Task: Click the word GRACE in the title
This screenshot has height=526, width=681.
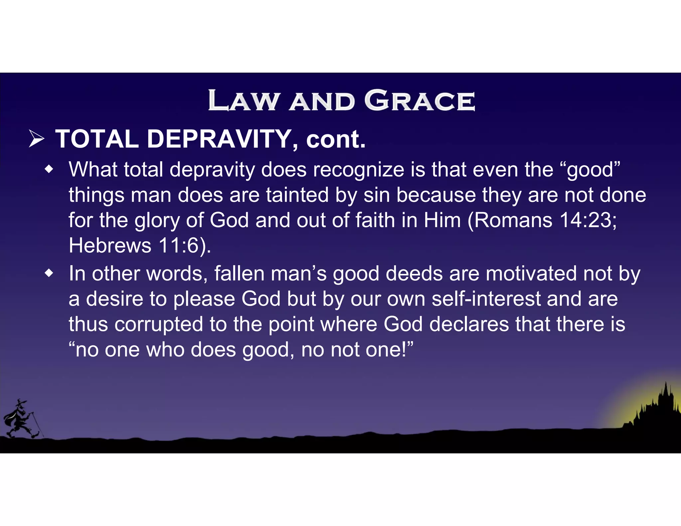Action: (x=420, y=100)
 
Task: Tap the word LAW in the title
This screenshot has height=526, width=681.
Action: (x=243, y=100)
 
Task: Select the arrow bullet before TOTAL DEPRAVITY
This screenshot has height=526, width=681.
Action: (x=37, y=139)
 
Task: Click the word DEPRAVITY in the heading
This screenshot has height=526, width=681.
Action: (x=219, y=139)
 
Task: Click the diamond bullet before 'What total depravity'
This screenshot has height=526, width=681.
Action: (x=49, y=170)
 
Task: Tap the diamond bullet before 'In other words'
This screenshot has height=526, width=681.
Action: (x=49, y=274)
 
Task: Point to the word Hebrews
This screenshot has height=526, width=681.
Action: (x=110, y=246)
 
